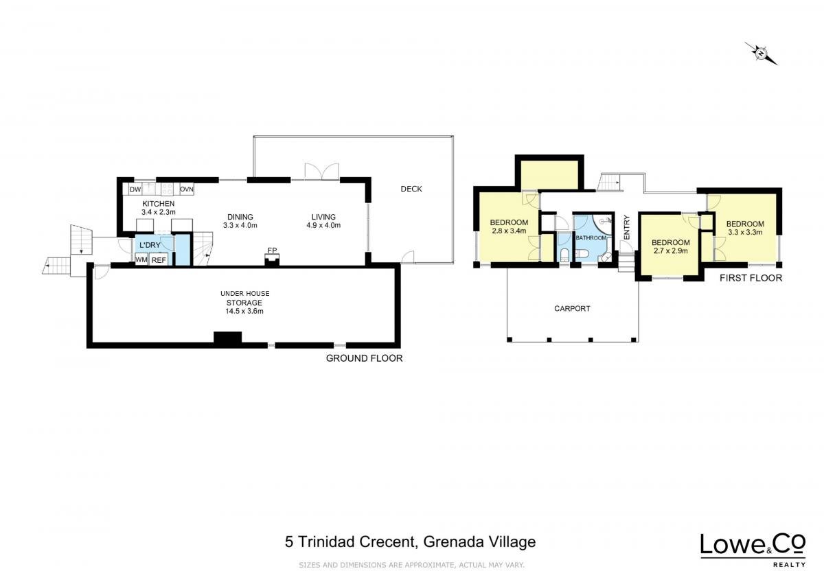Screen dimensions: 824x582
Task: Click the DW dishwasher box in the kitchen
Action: pyautogui.click(x=135, y=189)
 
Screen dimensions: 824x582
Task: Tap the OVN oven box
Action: pyautogui.click(x=187, y=189)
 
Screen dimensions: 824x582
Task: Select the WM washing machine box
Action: pyautogui.click(x=141, y=259)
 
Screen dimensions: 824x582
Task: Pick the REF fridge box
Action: pyautogui.click(x=159, y=259)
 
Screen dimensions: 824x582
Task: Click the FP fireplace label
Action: pyautogui.click(x=272, y=251)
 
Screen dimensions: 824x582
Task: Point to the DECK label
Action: pyautogui.click(x=411, y=189)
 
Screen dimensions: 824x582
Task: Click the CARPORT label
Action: pyautogui.click(x=572, y=308)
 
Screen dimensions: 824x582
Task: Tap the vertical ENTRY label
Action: pyautogui.click(x=627, y=227)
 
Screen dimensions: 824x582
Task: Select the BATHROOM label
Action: pyautogui.click(x=591, y=238)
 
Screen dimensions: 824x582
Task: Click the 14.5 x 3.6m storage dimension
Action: pyautogui.click(x=244, y=311)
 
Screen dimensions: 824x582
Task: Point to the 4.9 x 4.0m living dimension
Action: pyautogui.click(x=323, y=225)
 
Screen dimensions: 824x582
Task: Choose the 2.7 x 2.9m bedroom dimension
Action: pyautogui.click(x=670, y=251)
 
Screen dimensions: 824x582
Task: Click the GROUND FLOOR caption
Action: pyautogui.click(x=364, y=358)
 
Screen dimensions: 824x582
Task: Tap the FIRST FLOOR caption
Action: pyautogui.click(x=751, y=278)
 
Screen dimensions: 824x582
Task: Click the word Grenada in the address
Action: pyautogui.click(x=454, y=542)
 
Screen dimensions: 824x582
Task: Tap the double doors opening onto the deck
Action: pyautogui.click(x=321, y=172)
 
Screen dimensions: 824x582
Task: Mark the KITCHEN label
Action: pyautogui.click(x=158, y=204)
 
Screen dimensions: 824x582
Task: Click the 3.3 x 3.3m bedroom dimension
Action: pyautogui.click(x=745, y=232)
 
